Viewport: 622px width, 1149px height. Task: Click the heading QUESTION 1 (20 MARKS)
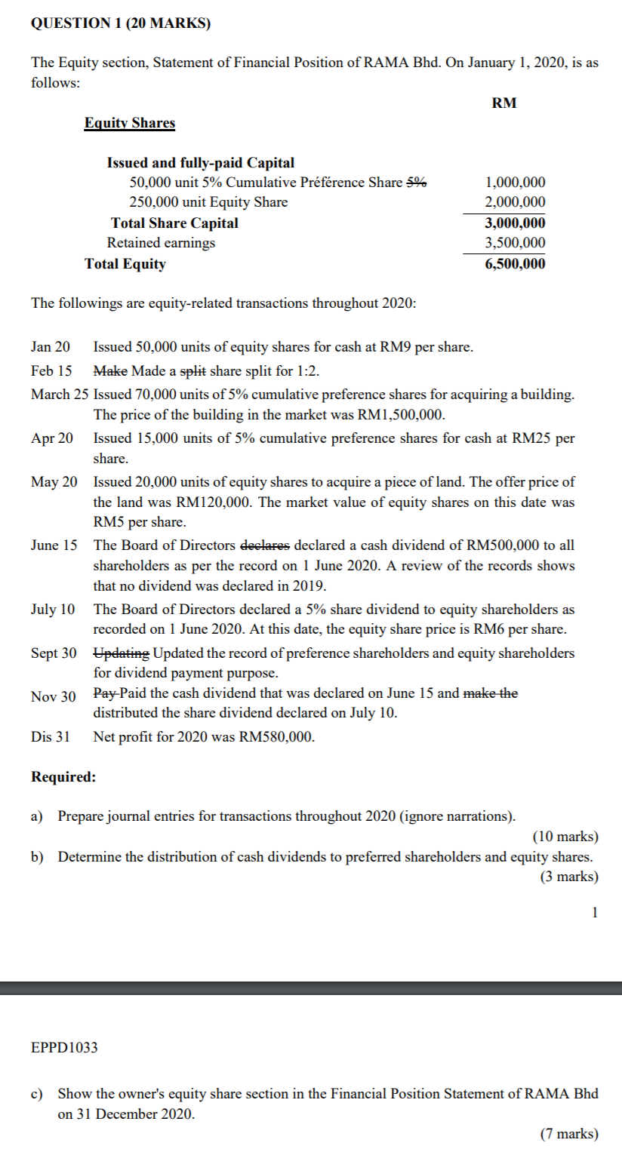121,23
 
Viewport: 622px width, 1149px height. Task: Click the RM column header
504,103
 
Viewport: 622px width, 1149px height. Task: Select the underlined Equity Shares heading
129,123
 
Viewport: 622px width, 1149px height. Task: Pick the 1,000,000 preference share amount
516,183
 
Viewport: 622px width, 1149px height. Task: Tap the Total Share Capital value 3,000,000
516,223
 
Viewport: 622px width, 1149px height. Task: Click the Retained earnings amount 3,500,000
516,243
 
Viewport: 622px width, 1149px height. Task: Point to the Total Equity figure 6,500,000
516,264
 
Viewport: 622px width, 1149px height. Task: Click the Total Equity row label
125,264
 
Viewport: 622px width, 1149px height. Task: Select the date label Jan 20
51,347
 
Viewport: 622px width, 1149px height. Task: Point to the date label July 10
53,609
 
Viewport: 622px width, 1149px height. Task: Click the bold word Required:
63,777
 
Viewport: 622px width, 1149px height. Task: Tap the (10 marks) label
565,837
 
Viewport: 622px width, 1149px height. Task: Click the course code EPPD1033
64,1047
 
